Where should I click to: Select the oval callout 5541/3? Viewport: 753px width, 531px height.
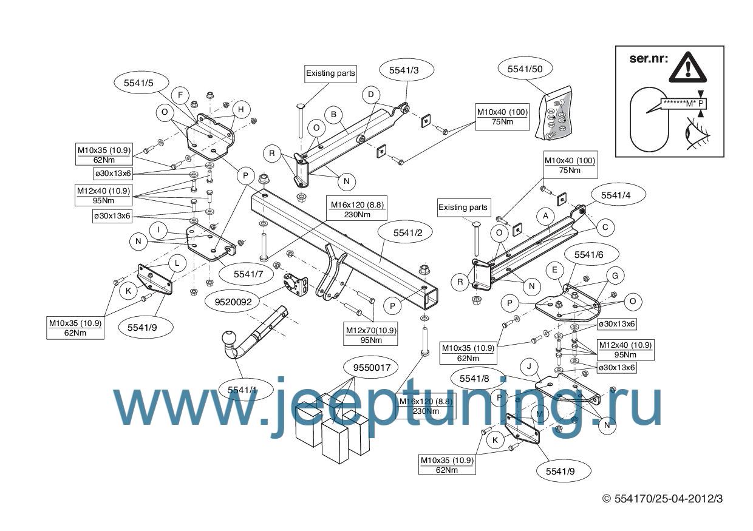[407, 70]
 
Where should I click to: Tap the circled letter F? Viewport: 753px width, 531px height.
[180, 95]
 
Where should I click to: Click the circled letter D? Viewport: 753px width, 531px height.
[370, 95]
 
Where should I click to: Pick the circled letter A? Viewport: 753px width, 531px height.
[545, 215]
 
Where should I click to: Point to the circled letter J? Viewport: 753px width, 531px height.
[530, 366]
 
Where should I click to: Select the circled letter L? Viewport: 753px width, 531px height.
[177, 263]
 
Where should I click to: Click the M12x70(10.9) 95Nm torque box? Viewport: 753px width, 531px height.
[371, 334]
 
